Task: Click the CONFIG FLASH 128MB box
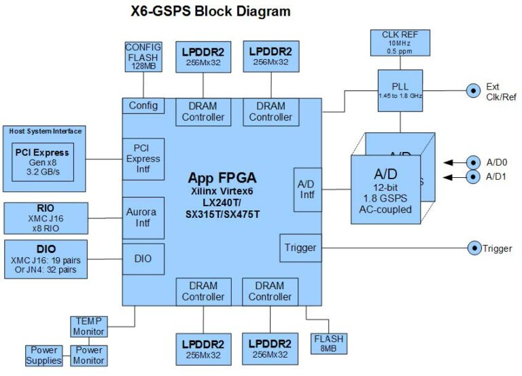pos(143,56)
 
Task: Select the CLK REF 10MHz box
pos(400,43)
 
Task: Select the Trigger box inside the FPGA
pos(300,248)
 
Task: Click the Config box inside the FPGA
pos(143,105)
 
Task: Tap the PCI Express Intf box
pos(143,159)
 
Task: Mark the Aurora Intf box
pos(143,217)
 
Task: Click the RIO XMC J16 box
pos(46,217)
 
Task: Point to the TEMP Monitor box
pos(88,326)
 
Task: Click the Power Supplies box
pos(43,355)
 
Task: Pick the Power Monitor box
pos(88,355)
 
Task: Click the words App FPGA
pos(222,178)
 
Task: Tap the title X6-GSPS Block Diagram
pos(210,12)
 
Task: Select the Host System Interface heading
pos(46,131)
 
